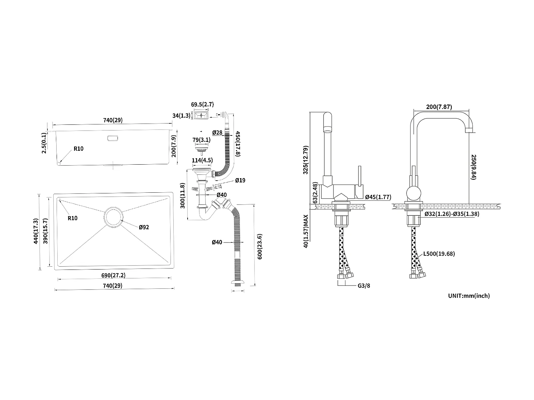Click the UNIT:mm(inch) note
point(469,295)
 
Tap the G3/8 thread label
point(364,286)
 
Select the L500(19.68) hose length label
point(439,254)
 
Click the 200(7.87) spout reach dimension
point(439,107)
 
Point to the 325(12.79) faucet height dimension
point(305,160)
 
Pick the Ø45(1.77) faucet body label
point(378,197)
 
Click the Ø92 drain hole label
point(144,227)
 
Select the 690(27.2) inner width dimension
point(113,275)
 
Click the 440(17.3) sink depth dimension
point(36,231)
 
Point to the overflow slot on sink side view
point(112,138)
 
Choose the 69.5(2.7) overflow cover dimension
point(202,105)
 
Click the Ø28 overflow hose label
point(217,133)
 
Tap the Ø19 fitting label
point(240,180)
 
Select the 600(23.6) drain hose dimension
point(260,246)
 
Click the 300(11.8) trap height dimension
point(183,196)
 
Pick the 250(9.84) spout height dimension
point(474,167)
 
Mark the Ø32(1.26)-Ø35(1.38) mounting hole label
point(452,214)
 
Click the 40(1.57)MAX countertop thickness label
point(305,231)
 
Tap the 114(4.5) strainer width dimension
point(202,160)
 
